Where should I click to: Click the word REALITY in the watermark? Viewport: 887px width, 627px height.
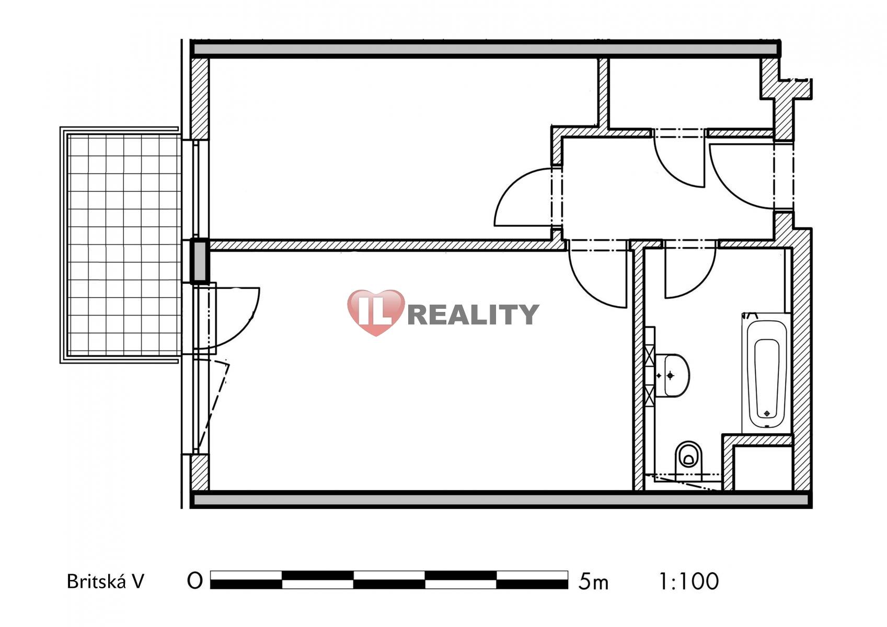pyautogui.click(x=473, y=315)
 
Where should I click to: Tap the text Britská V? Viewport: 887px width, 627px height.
pyautogui.click(x=106, y=582)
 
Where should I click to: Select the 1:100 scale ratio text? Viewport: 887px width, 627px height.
pyautogui.click(x=688, y=581)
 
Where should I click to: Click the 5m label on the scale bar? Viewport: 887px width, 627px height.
pyautogui.click(x=593, y=582)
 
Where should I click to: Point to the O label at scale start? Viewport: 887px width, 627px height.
pyautogui.click(x=195, y=580)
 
